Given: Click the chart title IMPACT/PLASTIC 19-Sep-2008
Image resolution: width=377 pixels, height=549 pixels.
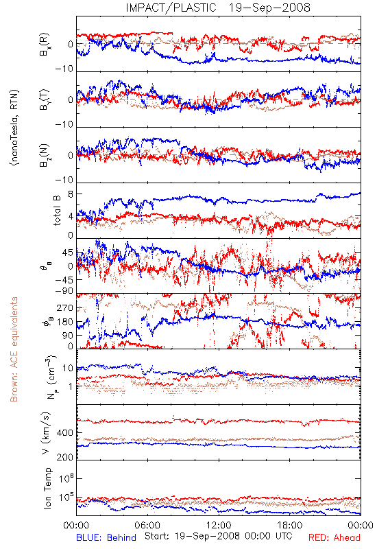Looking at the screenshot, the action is [217, 8].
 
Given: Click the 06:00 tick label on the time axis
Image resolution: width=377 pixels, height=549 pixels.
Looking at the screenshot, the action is [147, 525].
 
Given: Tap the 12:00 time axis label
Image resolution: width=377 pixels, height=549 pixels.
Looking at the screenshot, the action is [219, 525].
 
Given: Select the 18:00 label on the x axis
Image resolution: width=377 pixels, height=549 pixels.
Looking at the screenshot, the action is [290, 525].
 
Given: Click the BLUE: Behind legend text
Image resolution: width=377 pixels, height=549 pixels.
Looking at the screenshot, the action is [106, 537].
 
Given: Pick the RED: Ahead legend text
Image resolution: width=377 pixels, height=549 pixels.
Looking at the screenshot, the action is [334, 537].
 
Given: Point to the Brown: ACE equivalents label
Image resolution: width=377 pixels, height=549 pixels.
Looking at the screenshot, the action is [14, 349].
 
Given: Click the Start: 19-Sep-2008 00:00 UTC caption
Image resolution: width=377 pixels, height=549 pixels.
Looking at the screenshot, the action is [219, 536].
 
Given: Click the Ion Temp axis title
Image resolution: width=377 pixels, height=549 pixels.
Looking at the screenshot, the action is [47, 488].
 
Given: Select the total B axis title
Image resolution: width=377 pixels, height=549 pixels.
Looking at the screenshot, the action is [57, 211].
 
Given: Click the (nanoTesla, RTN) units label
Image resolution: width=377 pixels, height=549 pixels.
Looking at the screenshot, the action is [14, 128].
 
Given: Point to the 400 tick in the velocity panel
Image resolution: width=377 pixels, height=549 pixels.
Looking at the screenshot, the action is [65, 433].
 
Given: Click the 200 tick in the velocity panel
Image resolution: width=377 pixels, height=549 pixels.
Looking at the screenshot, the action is [65, 457].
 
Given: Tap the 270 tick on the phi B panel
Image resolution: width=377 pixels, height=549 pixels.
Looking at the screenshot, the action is [65, 308].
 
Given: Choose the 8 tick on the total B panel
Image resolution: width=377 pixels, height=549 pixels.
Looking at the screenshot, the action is [71, 194].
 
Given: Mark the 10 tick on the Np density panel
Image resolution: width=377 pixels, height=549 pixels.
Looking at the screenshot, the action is [68, 369].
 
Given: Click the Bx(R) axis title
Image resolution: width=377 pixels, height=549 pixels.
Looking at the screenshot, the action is [45, 45].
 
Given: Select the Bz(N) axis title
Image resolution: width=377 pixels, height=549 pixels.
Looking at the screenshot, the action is [45, 156].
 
